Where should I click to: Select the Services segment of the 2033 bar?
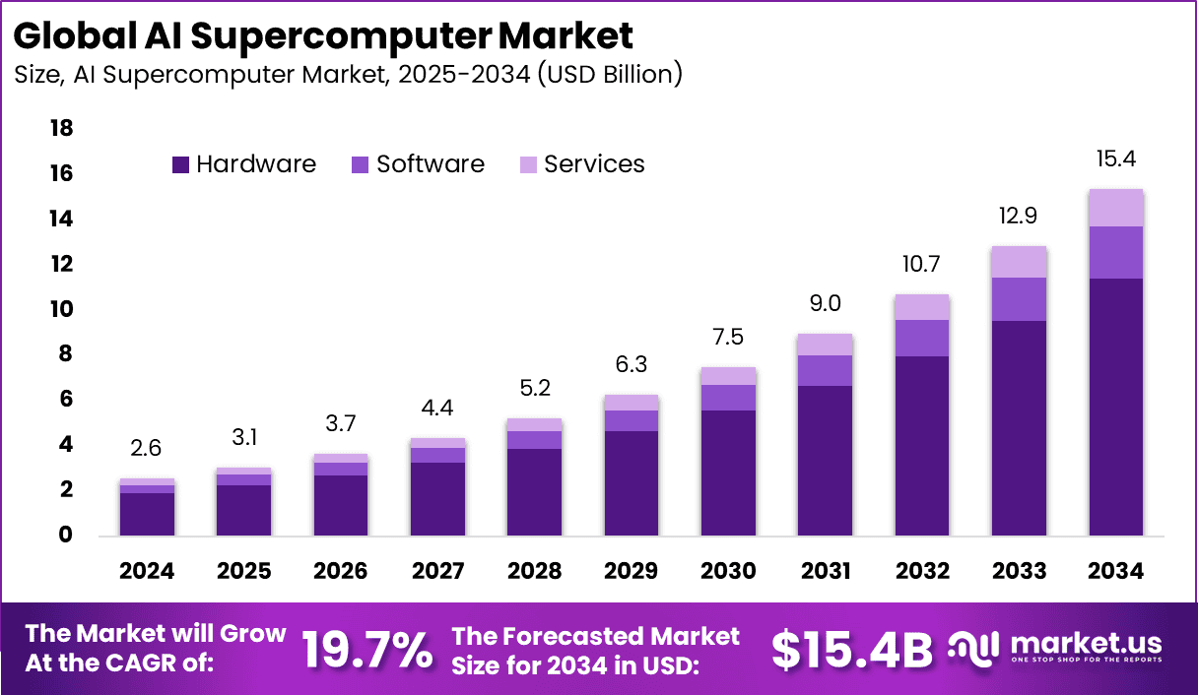point(1020,262)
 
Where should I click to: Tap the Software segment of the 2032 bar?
point(923,338)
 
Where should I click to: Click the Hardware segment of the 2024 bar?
point(148,514)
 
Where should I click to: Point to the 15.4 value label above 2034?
point(1116,159)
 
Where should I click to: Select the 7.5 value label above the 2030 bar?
point(728,337)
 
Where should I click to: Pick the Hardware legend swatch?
point(180,165)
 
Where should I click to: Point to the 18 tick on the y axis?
point(61,129)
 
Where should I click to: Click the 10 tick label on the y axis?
point(61,309)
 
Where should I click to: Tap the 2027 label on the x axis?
point(437,572)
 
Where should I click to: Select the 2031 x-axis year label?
point(825,572)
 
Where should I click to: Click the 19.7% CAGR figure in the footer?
point(366,650)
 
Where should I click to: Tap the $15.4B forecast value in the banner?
point(851,650)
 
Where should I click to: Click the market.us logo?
point(1055,649)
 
